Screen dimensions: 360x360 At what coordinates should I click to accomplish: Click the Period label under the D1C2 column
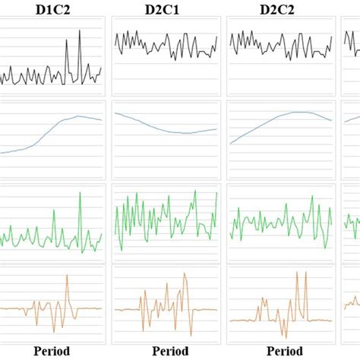pyautogui.click(x=51, y=351)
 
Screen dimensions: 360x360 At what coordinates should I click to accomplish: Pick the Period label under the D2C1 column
pyautogui.click(x=164, y=351)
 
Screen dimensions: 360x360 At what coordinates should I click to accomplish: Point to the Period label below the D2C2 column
pyautogui.click(x=279, y=351)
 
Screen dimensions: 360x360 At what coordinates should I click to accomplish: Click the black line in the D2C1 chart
pyautogui.click(x=164, y=46)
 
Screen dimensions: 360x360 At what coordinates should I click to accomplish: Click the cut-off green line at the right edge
pyautogui.click(x=352, y=220)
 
